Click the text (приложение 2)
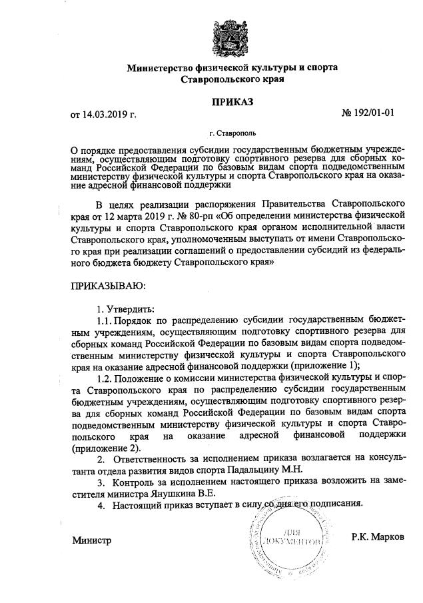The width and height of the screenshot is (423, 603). [x=107, y=448]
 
